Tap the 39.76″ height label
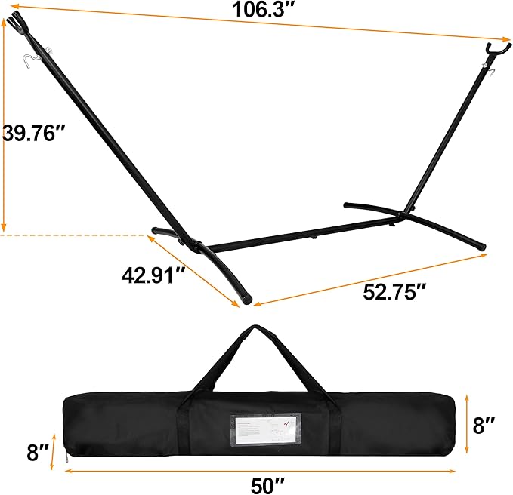pyautogui.click(x=34, y=133)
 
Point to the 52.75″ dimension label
pyautogui.click(x=394, y=292)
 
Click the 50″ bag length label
pyautogui.click(x=267, y=485)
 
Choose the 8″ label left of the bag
pyautogui.click(x=38, y=453)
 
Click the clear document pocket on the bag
pyautogui.click(x=265, y=430)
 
